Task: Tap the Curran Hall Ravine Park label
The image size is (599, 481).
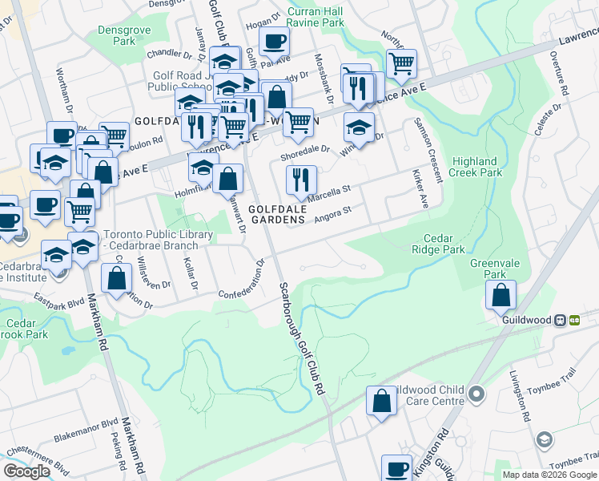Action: pyautogui.click(x=316, y=18)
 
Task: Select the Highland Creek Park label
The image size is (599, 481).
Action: pyautogui.click(x=479, y=167)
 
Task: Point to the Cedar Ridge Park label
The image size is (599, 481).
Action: pyautogui.click(x=444, y=244)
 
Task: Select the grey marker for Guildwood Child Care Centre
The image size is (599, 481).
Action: pyautogui.click(x=477, y=394)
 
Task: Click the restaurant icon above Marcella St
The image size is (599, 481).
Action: pyautogui.click(x=301, y=180)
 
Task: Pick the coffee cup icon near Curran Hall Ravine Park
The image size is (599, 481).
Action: pyautogui.click(x=274, y=41)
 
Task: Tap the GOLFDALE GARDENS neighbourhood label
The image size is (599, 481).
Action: pyautogui.click(x=276, y=213)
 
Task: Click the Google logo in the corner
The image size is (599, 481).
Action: pyautogui.click(x=26, y=471)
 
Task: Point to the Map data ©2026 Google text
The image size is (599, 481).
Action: pyautogui.click(x=549, y=475)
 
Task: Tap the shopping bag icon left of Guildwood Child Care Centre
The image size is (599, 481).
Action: pyautogui.click(x=382, y=401)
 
